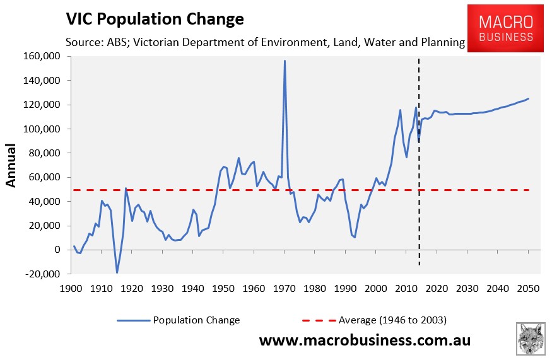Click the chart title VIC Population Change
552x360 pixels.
pyautogui.click(x=155, y=19)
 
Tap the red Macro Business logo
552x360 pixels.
pyautogui.click(x=506, y=28)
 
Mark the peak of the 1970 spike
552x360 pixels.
pyautogui.click(x=285, y=61)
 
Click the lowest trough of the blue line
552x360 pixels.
pyautogui.click(x=117, y=272)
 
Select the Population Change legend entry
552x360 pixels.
pyautogui.click(x=196, y=320)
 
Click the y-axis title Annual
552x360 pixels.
pyautogui.click(x=12, y=165)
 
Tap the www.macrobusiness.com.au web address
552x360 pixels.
pyautogui.click(x=365, y=341)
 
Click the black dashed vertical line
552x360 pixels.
pyautogui.click(x=419, y=189)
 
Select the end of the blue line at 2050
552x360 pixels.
pyautogui.click(x=529, y=98)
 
